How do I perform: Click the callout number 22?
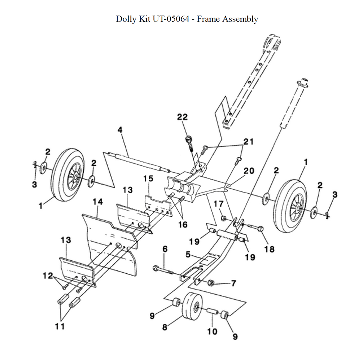183,117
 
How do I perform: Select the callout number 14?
97,202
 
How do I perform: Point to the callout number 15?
148,179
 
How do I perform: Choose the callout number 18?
269,249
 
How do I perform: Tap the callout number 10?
212,331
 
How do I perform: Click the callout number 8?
165,327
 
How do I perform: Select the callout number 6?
165,249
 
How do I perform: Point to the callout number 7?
233,283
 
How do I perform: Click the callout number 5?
188,254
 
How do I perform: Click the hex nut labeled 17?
223,218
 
